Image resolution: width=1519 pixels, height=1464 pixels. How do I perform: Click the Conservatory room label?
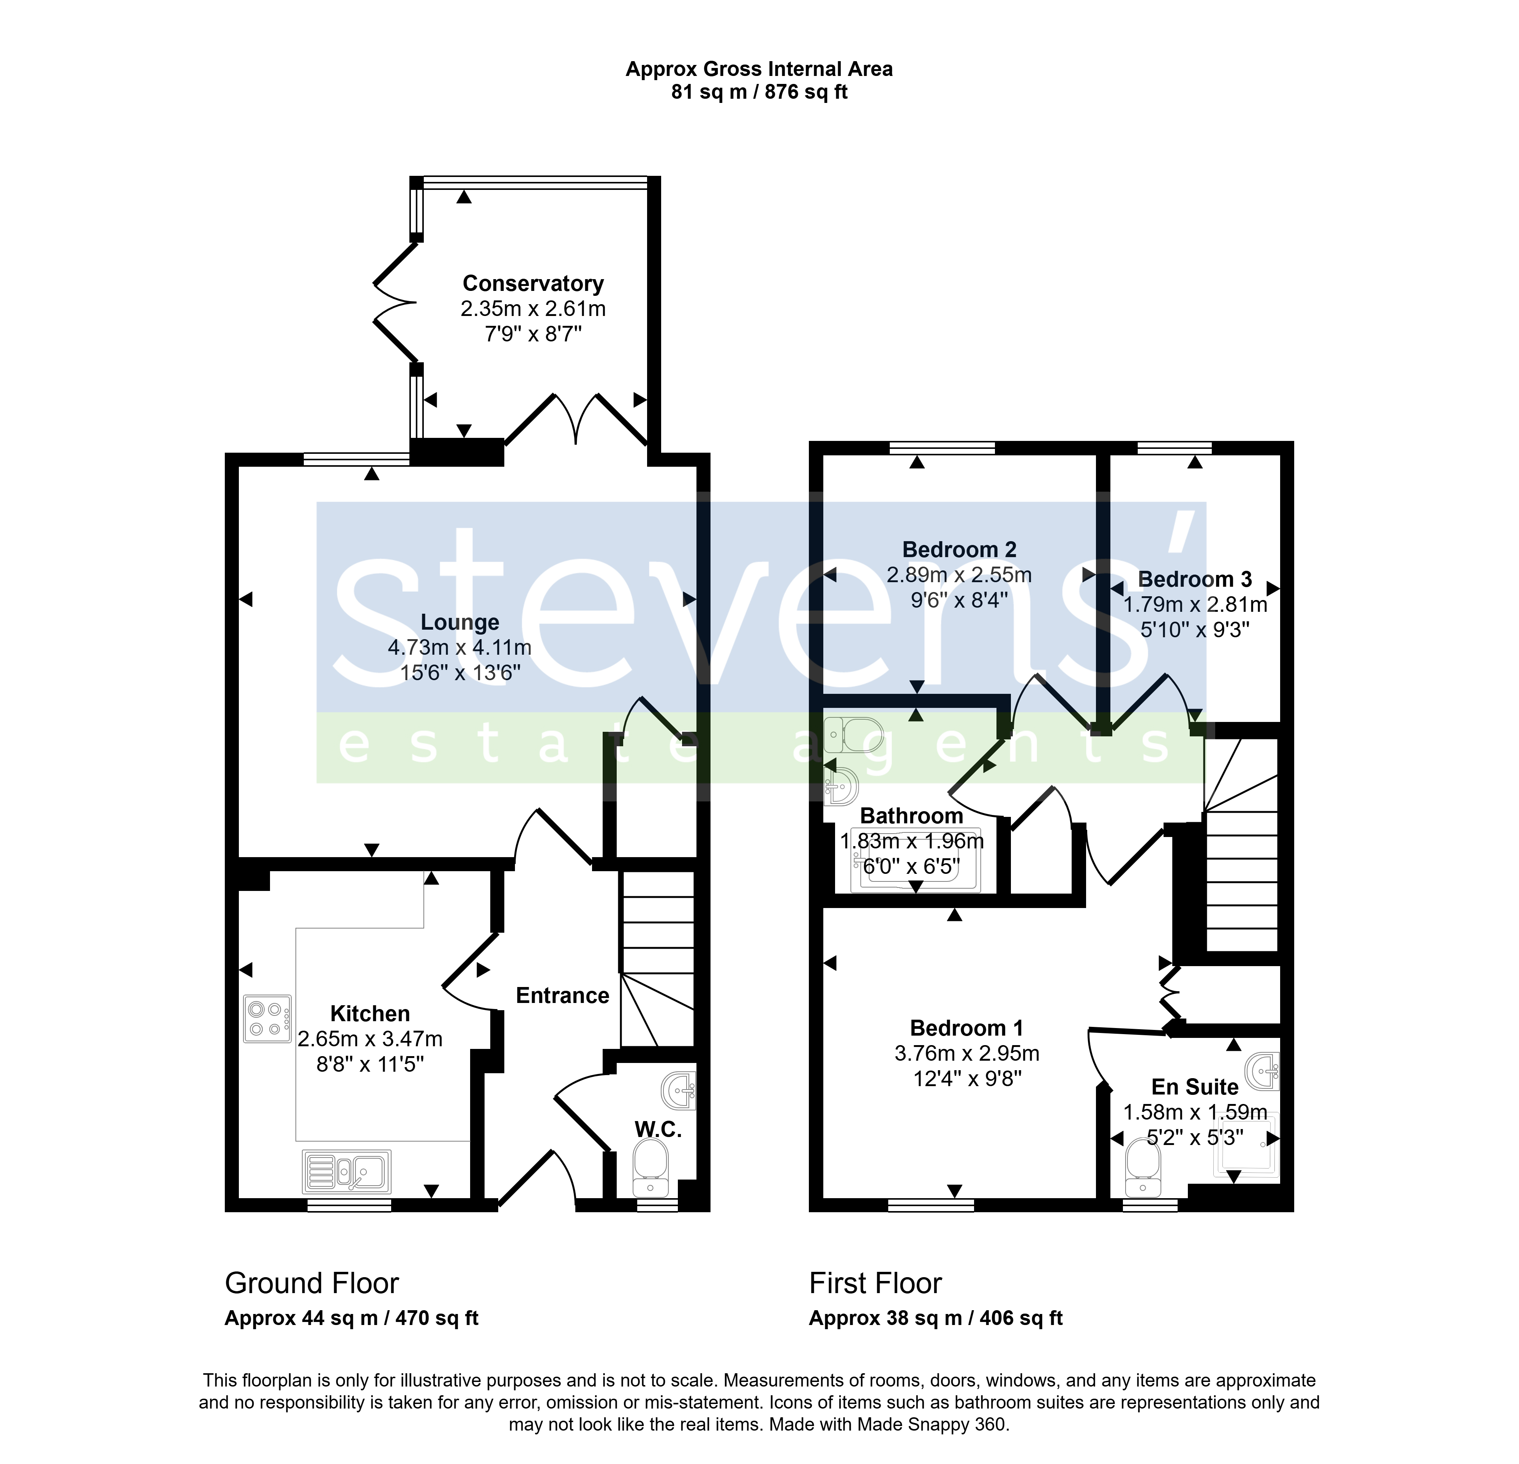click(x=533, y=284)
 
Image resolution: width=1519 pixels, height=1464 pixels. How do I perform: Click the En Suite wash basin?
click(x=1262, y=1072)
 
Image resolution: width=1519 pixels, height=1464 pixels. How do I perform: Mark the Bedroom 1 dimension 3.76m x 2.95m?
click(x=966, y=1053)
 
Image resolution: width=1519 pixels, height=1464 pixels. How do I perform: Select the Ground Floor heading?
click(x=311, y=1284)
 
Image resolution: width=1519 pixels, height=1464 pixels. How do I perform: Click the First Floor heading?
click(x=875, y=1284)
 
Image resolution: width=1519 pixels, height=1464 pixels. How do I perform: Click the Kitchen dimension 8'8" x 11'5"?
click(x=369, y=1064)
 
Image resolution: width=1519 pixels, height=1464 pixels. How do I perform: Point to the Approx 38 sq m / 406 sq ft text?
click(x=935, y=1318)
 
